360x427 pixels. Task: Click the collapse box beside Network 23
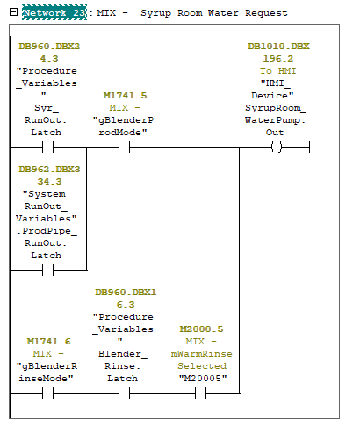[13, 12]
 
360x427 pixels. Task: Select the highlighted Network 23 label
[54, 12]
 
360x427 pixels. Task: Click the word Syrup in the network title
[155, 13]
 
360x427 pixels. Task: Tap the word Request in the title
[266, 13]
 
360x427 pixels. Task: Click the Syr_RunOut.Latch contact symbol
[48, 147]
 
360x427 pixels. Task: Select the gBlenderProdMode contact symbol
[125, 147]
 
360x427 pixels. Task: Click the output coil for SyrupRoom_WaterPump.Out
[277, 147]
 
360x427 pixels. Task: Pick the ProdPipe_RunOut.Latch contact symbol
[48, 270]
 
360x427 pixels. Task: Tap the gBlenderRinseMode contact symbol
[48, 393]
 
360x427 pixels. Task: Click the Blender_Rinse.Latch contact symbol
[125, 393]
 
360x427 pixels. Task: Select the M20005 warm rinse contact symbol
[201, 393]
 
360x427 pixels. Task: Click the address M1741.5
[125, 96]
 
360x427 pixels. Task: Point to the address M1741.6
[48, 342]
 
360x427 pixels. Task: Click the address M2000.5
[201, 329]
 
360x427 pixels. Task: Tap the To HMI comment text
[277, 71]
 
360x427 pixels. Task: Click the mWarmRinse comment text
[201, 354]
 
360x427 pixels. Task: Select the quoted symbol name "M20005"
[203, 379]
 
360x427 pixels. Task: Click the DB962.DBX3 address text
[49, 170]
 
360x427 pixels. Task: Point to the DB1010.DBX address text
[278, 47]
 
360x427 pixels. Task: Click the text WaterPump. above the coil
[275, 120]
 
